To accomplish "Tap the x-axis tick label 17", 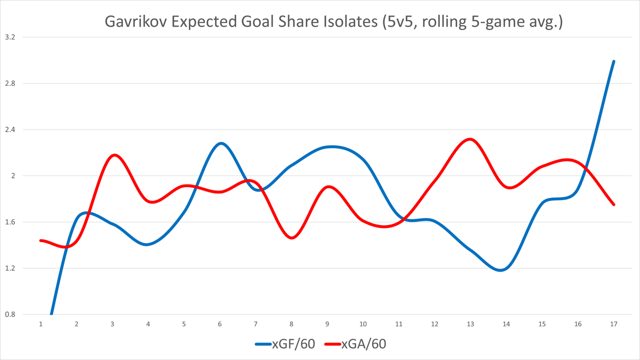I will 614,324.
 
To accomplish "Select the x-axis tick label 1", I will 41,324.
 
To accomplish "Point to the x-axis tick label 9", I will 327,324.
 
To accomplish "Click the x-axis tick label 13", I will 470,324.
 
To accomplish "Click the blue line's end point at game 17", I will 614,61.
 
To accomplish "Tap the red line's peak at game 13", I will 469,139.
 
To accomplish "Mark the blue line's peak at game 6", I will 221,143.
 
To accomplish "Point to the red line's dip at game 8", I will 292,238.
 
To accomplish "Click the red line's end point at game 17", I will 614,204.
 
